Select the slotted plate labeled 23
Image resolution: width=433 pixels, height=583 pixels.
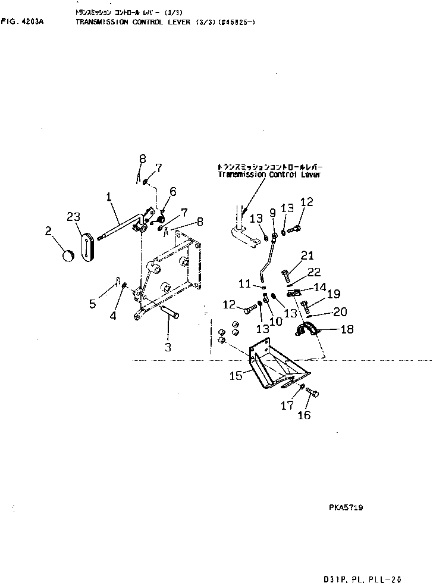(87, 246)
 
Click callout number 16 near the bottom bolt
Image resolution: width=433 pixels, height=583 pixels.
(303, 415)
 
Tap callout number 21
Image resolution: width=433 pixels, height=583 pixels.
(306, 256)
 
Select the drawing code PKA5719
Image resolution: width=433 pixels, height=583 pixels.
(346, 508)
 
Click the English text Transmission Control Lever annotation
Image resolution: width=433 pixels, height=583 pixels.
(269, 175)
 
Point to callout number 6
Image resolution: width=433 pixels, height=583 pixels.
(173, 191)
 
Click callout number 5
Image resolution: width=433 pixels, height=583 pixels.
(92, 304)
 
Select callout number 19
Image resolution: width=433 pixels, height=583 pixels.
(333, 294)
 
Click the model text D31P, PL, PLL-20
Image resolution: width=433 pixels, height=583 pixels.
(363, 577)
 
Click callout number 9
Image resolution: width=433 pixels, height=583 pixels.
(273, 211)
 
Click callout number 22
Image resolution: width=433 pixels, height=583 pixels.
(314, 272)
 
